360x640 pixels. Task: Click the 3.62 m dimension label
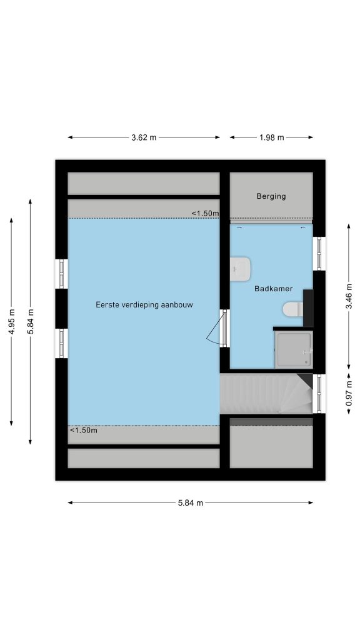pos(144,137)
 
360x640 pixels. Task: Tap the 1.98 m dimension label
pos(271,137)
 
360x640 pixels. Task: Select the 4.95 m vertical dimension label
pos(12,322)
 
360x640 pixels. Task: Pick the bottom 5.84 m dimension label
pos(190,503)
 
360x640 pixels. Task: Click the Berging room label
pos(271,196)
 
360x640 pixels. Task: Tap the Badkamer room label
pos(274,289)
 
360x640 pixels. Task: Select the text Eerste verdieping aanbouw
pos(144,304)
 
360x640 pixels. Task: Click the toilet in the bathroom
pos(292,309)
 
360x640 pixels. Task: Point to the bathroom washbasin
pos(240,269)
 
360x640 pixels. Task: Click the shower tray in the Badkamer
pos(294,349)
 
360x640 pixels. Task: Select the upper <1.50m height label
pos(205,214)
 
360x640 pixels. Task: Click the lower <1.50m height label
pos(84,430)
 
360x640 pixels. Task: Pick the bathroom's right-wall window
pos(319,254)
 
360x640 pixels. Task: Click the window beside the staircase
pos(319,394)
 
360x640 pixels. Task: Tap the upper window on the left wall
pos(62,274)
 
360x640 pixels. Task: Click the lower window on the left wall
pos(62,343)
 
